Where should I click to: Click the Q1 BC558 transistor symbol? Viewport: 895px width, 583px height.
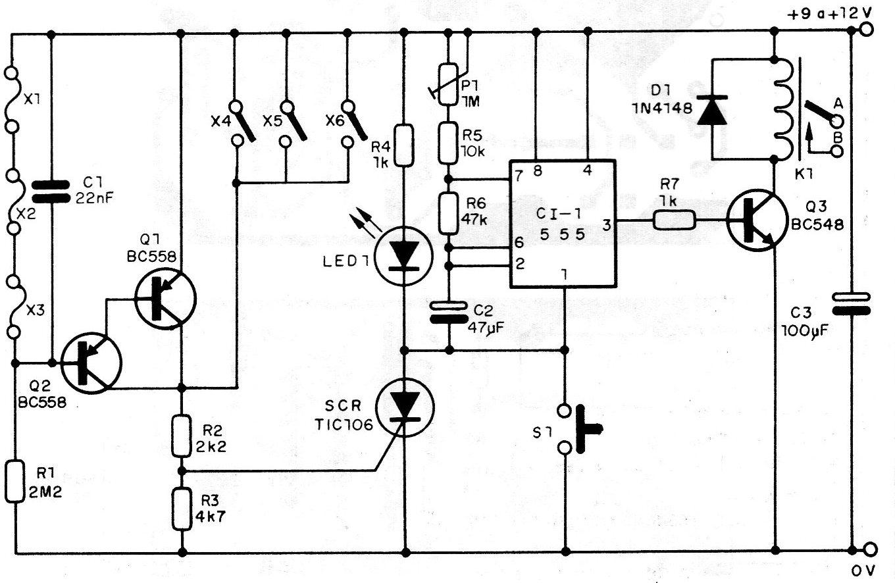tap(165, 299)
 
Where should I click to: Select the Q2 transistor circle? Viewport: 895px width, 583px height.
tap(91, 364)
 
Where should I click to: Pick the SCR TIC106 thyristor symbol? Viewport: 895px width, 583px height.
tap(404, 407)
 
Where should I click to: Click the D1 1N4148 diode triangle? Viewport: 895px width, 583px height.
tap(711, 111)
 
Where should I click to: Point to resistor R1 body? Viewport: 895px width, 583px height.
tap(15, 481)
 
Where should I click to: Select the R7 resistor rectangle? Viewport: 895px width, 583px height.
tap(675, 220)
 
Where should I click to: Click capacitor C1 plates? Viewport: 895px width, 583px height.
tap(51, 191)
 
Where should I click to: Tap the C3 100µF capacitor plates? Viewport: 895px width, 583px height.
tap(852, 304)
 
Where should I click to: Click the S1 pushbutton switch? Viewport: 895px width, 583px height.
tap(577, 429)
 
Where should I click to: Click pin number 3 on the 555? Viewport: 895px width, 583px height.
tap(607, 225)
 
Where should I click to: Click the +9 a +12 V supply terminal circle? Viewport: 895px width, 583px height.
tap(866, 30)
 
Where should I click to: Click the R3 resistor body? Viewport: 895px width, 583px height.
tap(182, 509)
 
